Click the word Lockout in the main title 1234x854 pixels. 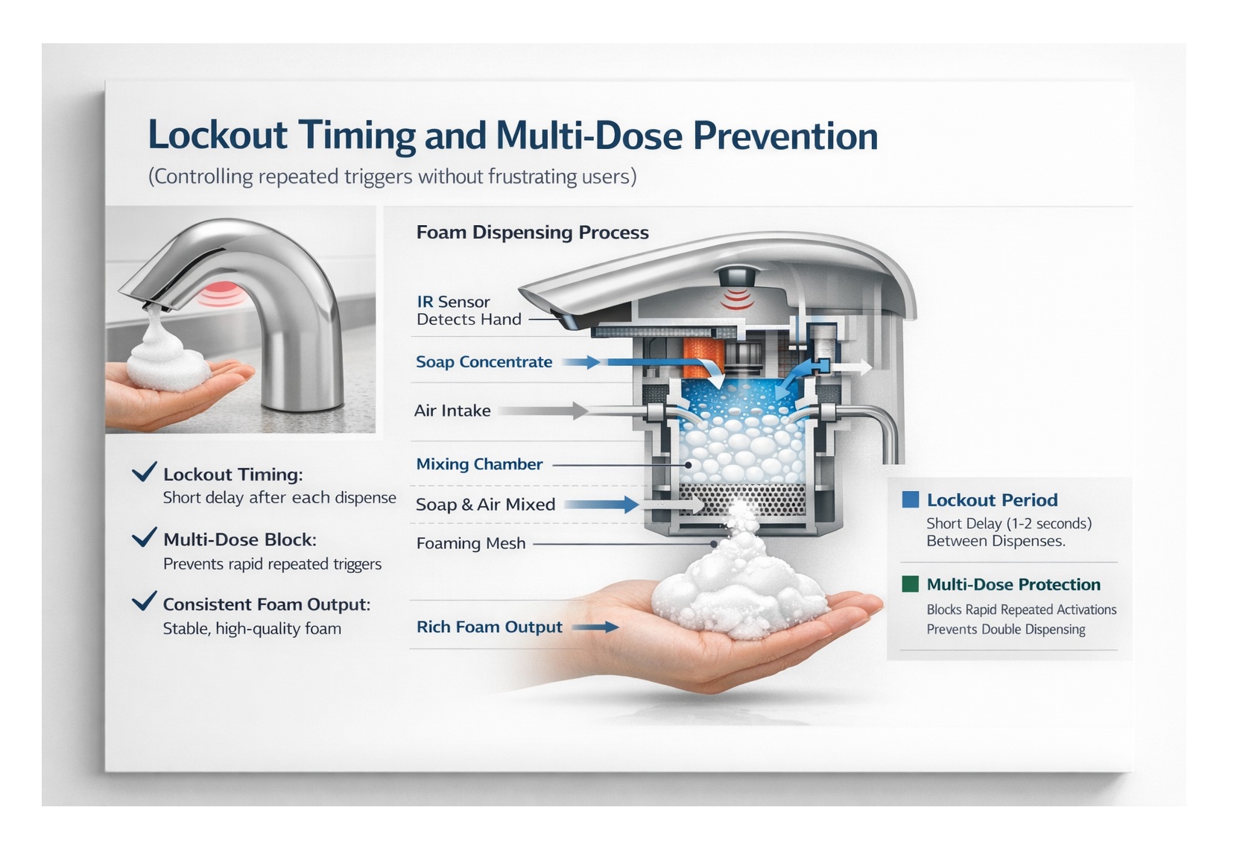(218, 134)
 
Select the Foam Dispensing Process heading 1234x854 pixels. (532, 232)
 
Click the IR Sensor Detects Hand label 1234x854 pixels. (469, 310)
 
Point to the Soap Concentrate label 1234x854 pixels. (484, 361)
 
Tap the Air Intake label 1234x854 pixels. (452, 411)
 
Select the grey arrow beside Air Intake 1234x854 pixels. (542, 411)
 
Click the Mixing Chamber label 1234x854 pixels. (479, 464)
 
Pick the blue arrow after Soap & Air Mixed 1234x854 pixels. (601, 505)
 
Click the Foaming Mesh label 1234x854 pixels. (471, 543)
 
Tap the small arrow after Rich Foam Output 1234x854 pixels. (595, 627)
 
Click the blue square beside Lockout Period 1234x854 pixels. (911, 499)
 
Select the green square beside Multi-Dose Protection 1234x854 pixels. (911, 584)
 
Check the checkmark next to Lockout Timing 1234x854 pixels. (145, 472)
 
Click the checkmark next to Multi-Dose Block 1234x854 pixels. (145, 537)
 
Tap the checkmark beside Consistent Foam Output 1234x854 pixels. (145, 601)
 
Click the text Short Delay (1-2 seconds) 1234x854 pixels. (1009, 523)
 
